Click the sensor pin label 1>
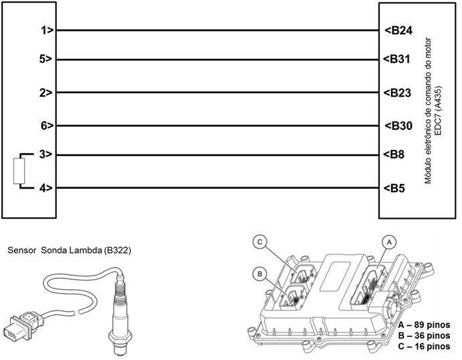coord(46,30)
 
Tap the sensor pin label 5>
coord(46,60)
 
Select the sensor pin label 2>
coord(46,93)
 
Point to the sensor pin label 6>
coord(46,126)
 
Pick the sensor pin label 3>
coord(46,155)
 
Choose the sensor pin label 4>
coord(46,188)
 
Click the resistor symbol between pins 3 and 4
coord(19,171)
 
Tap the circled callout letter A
coord(385,240)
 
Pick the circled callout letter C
coord(259,242)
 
